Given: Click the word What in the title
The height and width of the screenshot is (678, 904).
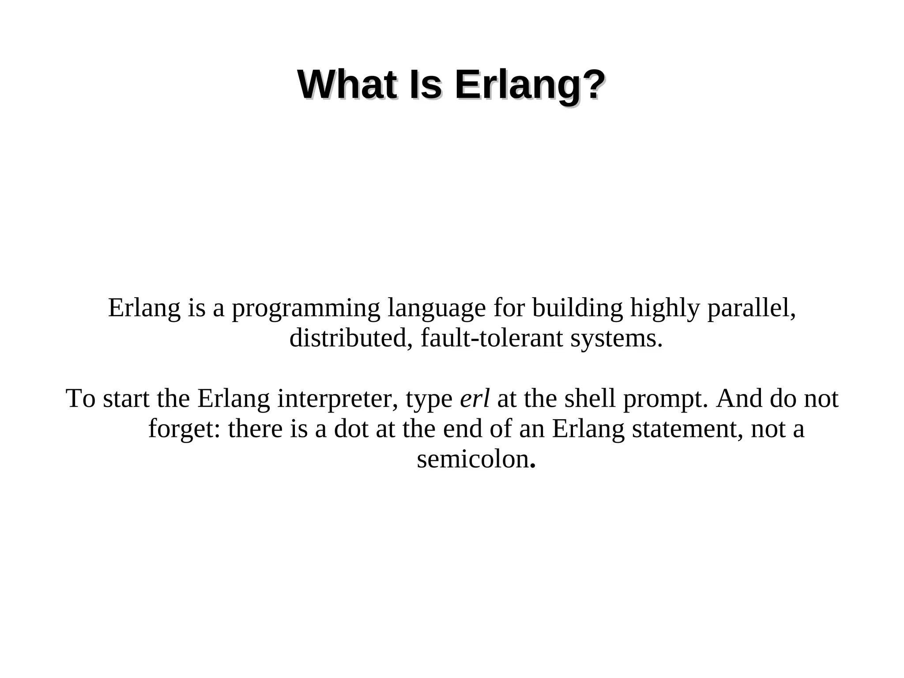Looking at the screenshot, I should tap(347, 85).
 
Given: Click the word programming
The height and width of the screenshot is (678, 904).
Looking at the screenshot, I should tap(306, 309).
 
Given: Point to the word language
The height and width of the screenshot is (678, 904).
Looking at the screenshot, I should tap(437, 309).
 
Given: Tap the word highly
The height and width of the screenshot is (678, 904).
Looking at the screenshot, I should tap(665, 309).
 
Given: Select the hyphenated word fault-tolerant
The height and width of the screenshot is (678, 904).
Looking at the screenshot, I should tap(492, 339).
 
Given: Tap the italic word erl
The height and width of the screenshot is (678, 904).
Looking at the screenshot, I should tap(475, 398).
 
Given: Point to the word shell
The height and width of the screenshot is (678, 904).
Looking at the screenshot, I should tap(590, 398).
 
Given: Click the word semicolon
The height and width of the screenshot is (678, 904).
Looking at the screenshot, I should tap(473, 459).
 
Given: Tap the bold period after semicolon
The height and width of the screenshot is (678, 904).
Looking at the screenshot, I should tap(533, 466).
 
